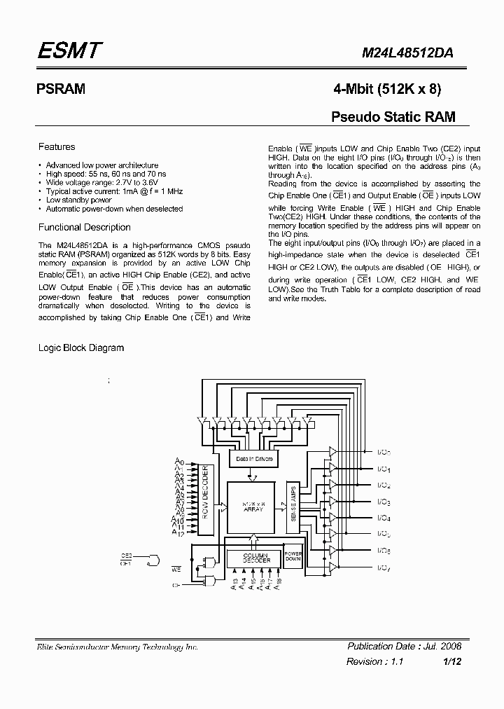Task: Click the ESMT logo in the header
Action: coord(70,50)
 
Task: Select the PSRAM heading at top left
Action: coord(60,90)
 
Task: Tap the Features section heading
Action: coord(57,147)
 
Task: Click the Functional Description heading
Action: coord(84,227)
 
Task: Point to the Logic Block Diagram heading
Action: coord(80,347)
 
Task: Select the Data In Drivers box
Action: coord(254,459)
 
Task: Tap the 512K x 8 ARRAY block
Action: coord(253,507)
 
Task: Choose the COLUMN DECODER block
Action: coord(252,559)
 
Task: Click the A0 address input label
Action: coord(179,462)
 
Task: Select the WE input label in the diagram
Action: coord(176,569)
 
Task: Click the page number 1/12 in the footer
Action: coord(452,661)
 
